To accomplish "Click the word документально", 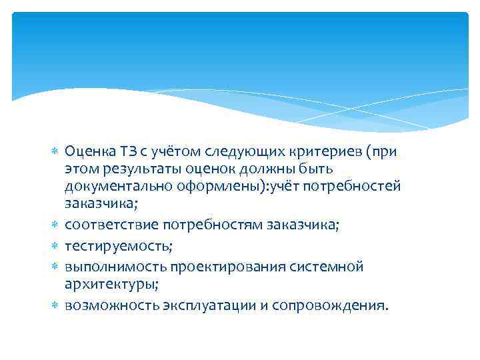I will coord(119,185).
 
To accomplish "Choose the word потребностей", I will coord(351,185).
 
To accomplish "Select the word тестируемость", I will coord(119,247).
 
